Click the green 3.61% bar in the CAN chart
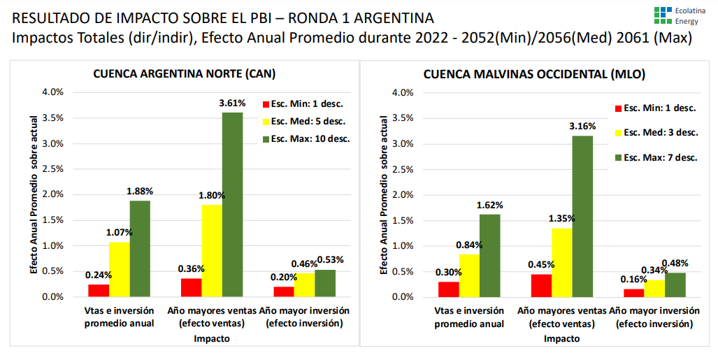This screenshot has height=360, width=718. click(x=232, y=204)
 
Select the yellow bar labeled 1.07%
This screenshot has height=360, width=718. click(x=119, y=269)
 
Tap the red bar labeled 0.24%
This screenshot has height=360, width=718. click(x=99, y=290)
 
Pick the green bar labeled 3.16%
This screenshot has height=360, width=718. click(x=582, y=216)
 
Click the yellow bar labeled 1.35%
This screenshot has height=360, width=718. click(x=561, y=262)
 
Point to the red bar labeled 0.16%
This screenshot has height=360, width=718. click(x=633, y=293)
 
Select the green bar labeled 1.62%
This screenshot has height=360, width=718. click(x=489, y=255)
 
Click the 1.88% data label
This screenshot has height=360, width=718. click(x=140, y=192)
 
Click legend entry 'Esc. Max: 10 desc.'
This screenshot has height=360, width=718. click(x=310, y=138)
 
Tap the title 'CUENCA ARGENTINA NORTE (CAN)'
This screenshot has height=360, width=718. click(x=185, y=73)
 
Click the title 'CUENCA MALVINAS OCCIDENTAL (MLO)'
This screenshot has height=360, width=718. click(x=534, y=73)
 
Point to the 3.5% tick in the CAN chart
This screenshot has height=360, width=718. click(x=53, y=117)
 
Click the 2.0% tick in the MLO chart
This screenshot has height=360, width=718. click(x=403, y=195)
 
